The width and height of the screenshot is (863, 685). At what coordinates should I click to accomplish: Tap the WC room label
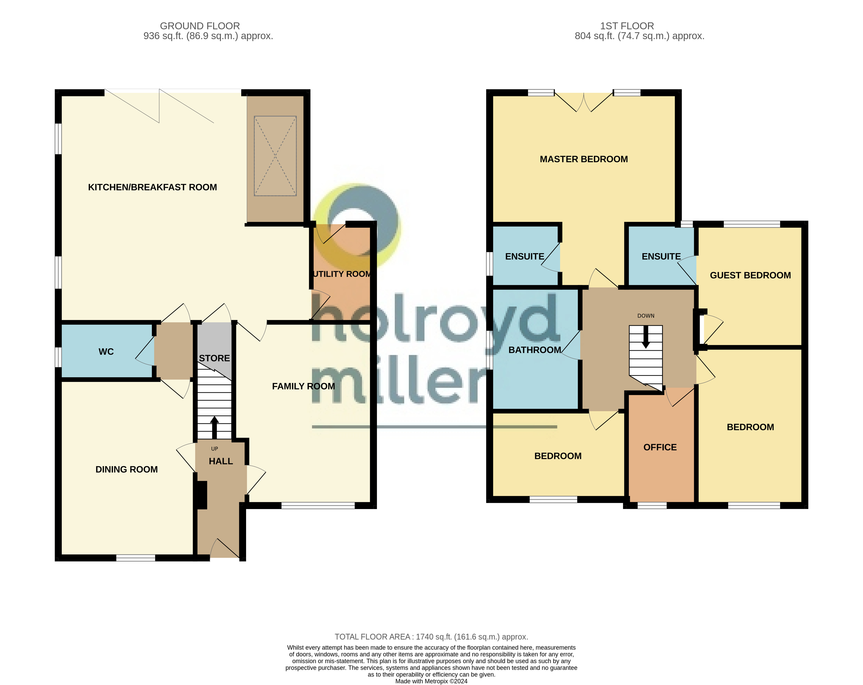tap(106, 352)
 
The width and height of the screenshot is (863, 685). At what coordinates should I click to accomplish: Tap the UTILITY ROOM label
tap(342, 274)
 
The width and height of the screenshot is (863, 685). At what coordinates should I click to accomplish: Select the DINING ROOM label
tap(126, 470)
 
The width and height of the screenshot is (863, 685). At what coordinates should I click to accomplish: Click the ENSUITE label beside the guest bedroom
tap(661, 257)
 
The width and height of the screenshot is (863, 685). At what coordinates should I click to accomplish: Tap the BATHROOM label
tap(534, 350)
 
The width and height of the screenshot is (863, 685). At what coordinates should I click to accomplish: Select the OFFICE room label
tap(660, 447)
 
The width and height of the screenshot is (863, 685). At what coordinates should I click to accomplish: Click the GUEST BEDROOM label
tap(750, 275)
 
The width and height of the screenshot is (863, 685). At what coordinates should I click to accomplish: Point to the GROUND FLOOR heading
tap(200, 26)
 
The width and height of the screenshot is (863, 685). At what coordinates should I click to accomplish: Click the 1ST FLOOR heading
tap(627, 26)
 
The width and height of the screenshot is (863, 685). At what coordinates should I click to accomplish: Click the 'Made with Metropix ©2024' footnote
tap(431, 681)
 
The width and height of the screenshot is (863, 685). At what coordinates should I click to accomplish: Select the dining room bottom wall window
tap(135, 558)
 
